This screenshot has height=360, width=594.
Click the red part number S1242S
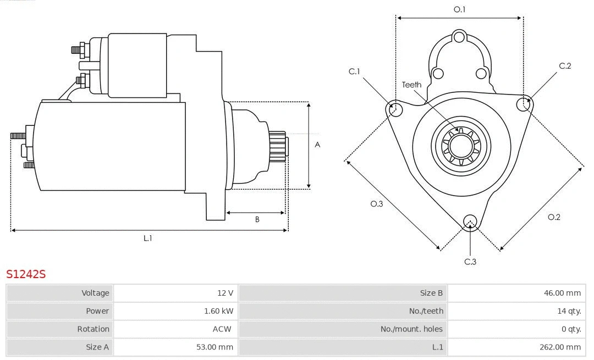point(26,274)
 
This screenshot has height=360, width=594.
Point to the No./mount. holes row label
point(411,329)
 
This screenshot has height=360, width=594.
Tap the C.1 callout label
point(354,71)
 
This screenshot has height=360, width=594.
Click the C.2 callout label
point(565,66)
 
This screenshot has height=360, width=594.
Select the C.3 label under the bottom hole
point(470,262)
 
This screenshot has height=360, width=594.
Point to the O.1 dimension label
point(459,9)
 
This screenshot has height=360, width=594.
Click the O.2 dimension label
point(554,217)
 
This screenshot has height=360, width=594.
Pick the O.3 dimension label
point(376,204)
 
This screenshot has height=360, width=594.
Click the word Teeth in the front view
point(411,85)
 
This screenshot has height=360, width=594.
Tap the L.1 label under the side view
point(147,238)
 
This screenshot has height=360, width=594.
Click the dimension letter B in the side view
point(257,219)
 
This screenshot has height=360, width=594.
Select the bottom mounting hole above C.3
point(470,221)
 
